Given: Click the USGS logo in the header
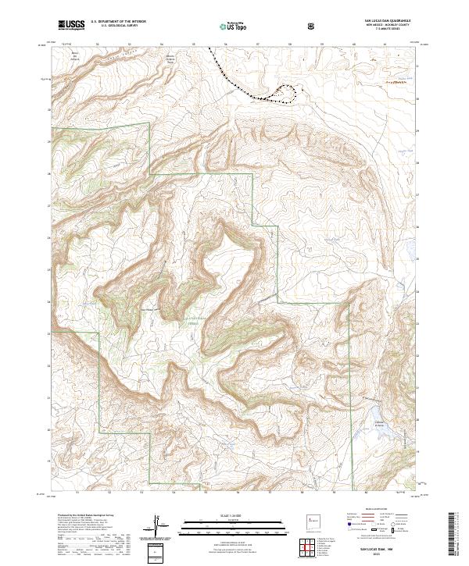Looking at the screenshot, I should (x=71, y=25).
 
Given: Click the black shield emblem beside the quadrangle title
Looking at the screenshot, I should (x=313, y=26).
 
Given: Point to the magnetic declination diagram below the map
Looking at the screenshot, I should (x=157, y=526).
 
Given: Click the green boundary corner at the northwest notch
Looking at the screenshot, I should (x=149, y=124).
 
